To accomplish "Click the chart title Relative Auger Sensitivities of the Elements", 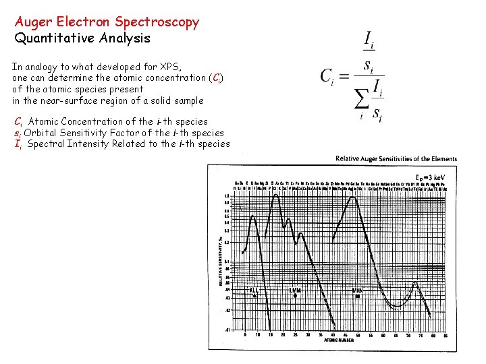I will click(x=396, y=159).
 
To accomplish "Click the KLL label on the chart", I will click(x=254, y=291).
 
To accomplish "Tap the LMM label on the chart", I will click(x=295, y=291).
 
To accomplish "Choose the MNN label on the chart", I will click(x=357, y=291).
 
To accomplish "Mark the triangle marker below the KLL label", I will click(x=254, y=296).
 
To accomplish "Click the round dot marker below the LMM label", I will click(x=295, y=296).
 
